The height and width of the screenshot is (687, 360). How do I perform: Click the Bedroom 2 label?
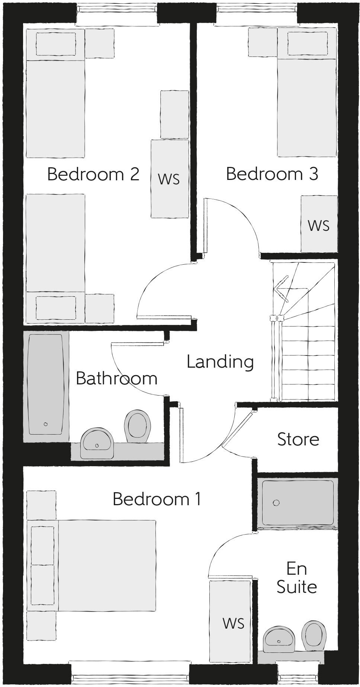[93, 174]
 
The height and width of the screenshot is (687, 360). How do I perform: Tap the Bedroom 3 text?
[272, 174]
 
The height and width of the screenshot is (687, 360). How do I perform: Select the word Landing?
[220, 362]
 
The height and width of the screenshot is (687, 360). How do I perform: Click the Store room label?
[298, 439]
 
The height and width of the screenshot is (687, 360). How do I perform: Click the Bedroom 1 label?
[157, 499]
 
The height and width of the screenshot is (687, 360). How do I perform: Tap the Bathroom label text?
[116, 378]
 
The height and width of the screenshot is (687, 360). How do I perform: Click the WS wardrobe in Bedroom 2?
[169, 179]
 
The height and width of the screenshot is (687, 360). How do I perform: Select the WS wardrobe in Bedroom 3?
[319, 225]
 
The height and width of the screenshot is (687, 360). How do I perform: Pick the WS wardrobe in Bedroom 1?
[233, 623]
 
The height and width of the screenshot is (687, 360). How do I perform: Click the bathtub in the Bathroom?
[46, 384]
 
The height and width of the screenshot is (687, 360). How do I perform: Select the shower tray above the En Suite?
[298, 502]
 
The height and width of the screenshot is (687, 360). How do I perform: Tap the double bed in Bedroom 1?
[106, 565]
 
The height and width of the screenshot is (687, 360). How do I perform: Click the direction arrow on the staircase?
[282, 289]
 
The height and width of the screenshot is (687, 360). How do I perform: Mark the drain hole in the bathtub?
[46, 424]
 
